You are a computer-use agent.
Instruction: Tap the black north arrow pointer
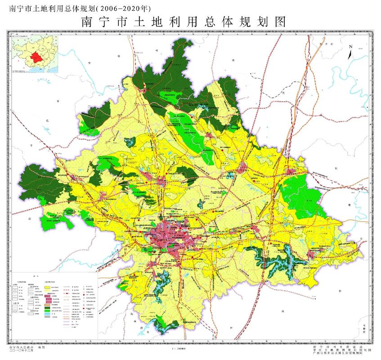point(350,54)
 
